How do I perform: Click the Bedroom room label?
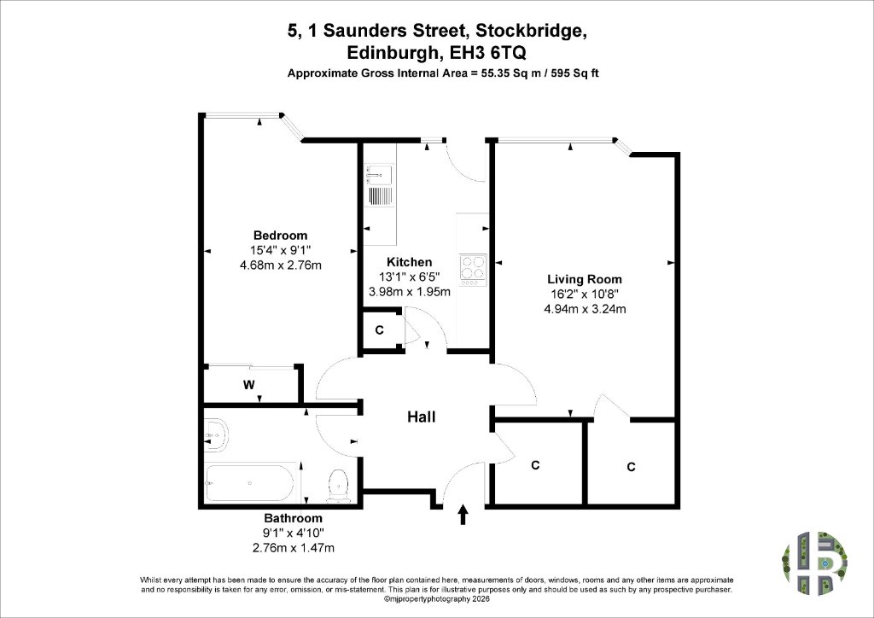click(280, 235)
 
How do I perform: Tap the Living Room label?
click(584, 279)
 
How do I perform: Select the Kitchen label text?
click(409, 262)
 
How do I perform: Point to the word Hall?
click(422, 417)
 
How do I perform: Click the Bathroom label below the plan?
click(294, 518)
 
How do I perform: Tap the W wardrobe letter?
click(249, 384)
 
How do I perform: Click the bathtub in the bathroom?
click(248, 483)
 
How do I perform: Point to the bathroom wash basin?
click(216, 434)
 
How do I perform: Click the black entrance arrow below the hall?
click(463, 515)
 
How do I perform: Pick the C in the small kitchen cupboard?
click(380, 329)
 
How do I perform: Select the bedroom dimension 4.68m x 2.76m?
click(280, 265)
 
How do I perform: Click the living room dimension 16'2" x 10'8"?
click(584, 294)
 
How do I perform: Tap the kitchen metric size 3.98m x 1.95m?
click(410, 291)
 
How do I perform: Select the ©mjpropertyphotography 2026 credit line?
click(437, 599)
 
